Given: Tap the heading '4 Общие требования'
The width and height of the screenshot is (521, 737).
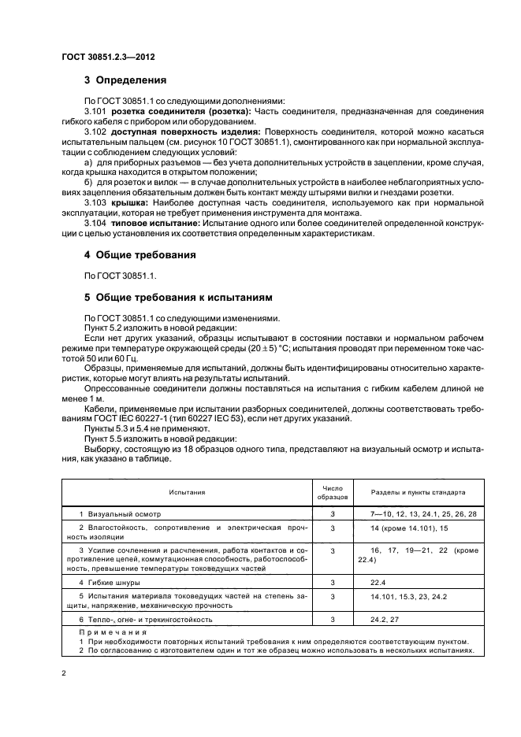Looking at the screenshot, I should click(140, 255).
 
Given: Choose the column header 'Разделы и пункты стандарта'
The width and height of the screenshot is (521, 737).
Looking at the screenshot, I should click(412, 492).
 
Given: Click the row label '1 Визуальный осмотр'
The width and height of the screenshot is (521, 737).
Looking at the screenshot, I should click(112, 513).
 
